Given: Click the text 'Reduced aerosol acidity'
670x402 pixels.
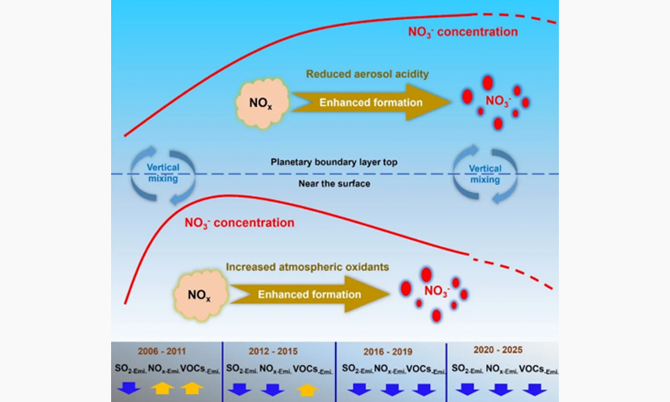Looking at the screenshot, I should click(366, 74).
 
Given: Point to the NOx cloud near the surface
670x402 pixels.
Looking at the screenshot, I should click(199, 295).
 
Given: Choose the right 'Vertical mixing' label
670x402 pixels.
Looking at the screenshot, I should click(485, 174).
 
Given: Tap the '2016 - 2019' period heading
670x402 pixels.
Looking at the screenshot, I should click(391, 351).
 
